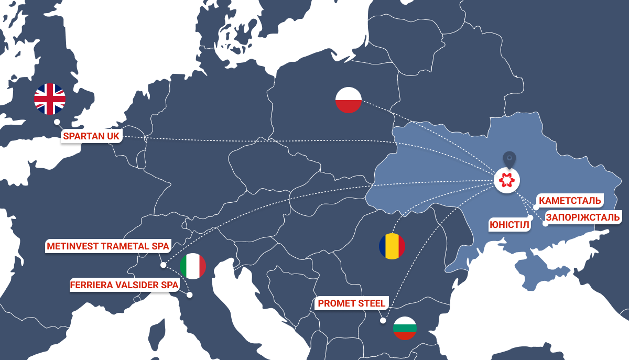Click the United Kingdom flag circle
pyautogui.click(x=50, y=99)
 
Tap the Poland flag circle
pyautogui.click(x=349, y=99)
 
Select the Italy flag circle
pyautogui.click(x=193, y=266)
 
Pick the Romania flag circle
pyautogui.click(x=392, y=246)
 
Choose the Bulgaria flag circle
pyautogui.click(x=405, y=328)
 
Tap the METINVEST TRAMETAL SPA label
pyautogui.click(x=108, y=246)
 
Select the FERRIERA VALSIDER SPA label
pyautogui.click(x=124, y=285)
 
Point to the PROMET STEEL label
pyautogui.click(x=352, y=303)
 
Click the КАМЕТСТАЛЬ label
pyautogui.click(x=570, y=201)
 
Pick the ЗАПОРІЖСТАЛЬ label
pyautogui.click(x=583, y=217)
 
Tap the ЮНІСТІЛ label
pyautogui.click(x=509, y=225)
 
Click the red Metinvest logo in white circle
pyautogui.click(x=507, y=181)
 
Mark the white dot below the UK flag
pyautogui.click(x=57, y=122)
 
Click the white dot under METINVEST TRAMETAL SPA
pyautogui.click(x=164, y=265)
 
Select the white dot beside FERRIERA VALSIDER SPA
pyautogui.click(x=190, y=295)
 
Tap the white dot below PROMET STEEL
pyautogui.click(x=383, y=321)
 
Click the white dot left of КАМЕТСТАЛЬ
pyautogui.click(x=536, y=208)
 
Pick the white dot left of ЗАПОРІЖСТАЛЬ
pyautogui.click(x=545, y=224)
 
